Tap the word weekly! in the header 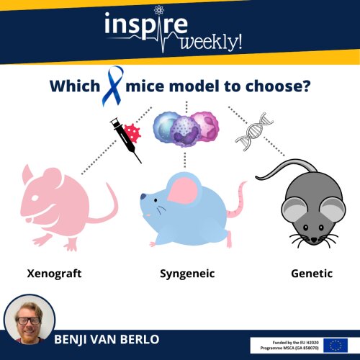tap(211, 42)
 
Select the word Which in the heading tap(75, 86)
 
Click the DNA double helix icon tap(254, 132)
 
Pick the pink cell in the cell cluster tap(207, 125)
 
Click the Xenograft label tap(54, 274)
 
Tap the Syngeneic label tap(187, 274)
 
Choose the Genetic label tap(312, 274)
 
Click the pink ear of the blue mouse tap(183, 190)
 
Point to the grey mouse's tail tap(283, 168)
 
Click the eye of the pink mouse tap(35, 198)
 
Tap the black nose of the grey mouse tap(314, 240)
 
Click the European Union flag tap(336, 346)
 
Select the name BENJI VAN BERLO tap(107, 339)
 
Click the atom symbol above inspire tap(158, 10)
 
